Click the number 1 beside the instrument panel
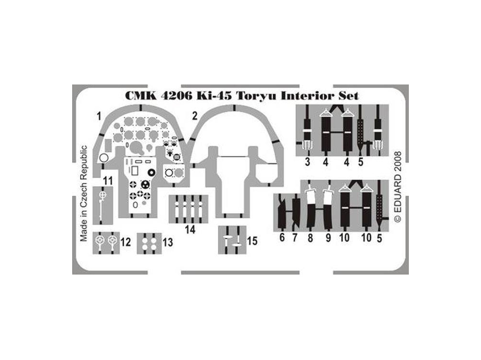point(99,116)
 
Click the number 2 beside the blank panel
point(195,116)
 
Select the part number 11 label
point(108,181)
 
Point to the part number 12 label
point(126,242)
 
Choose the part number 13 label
point(167,242)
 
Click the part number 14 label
point(190,229)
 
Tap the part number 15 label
point(252,241)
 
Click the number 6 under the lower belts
point(282,237)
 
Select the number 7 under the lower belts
point(295,238)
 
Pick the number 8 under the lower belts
point(310,238)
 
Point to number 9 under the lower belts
point(328,238)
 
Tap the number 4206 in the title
point(177,96)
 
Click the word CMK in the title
point(141,96)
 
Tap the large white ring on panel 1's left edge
point(104,158)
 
